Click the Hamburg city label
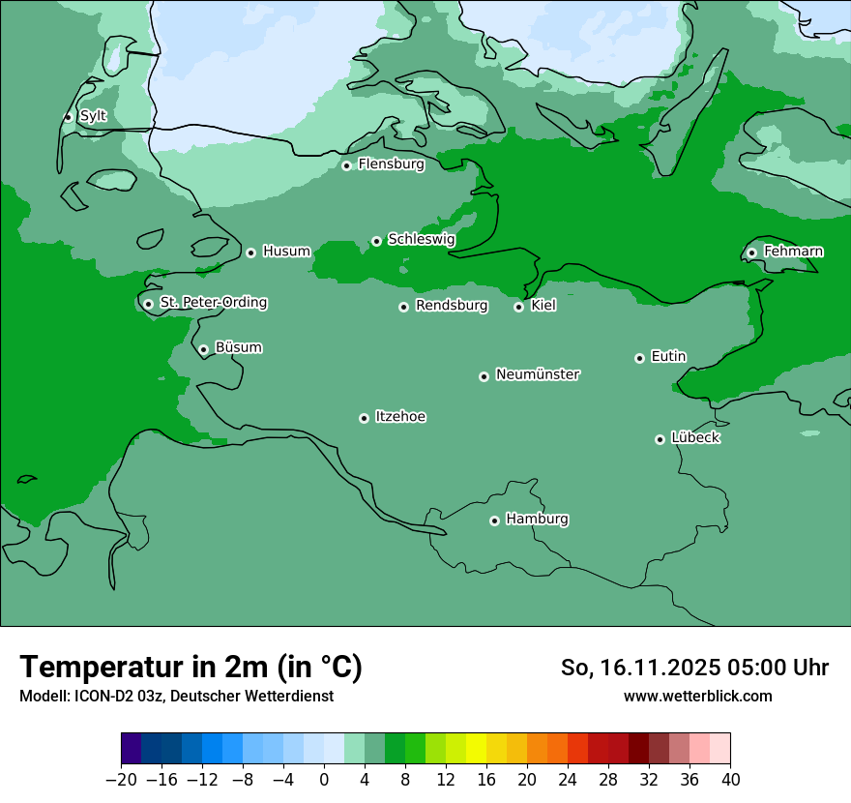click(x=537, y=520)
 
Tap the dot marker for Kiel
click(x=518, y=307)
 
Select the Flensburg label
click(x=391, y=164)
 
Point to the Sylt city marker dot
click(x=68, y=117)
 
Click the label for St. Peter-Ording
click(x=213, y=303)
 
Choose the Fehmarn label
click(x=793, y=252)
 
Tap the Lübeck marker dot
click(x=660, y=439)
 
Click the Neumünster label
click(x=538, y=374)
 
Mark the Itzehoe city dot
click(x=364, y=418)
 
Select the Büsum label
click(x=238, y=347)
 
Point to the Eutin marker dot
click(x=639, y=358)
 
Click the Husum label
click(x=286, y=252)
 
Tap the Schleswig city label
click(x=421, y=239)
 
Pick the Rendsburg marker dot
click(x=403, y=307)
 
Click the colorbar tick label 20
click(x=527, y=780)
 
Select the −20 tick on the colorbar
click(x=121, y=780)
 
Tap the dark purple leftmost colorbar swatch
click(x=132, y=749)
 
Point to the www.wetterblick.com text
click(x=697, y=696)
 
